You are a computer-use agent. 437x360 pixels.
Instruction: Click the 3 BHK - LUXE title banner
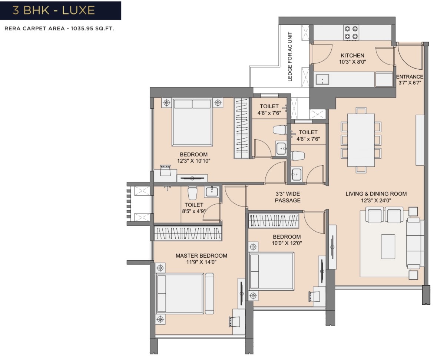point(60,10)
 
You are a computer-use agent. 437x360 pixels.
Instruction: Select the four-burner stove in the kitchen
point(351,33)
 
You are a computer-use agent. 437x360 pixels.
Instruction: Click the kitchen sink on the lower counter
point(322,79)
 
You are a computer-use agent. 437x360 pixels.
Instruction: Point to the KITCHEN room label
point(352,56)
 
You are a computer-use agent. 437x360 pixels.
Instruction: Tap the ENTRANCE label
point(410,77)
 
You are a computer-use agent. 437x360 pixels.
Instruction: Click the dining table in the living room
point(361,140)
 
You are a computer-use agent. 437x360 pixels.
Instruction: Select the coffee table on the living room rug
point(388,247)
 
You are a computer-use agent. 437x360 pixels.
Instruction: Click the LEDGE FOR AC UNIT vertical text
point(290,57)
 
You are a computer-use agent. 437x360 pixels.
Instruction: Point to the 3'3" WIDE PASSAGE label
point(288,197)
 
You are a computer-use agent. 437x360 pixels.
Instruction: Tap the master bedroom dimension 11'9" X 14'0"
point(201,262)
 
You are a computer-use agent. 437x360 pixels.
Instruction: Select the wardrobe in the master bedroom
point(188,233)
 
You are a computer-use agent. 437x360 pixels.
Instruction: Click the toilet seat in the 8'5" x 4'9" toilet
point(192,193)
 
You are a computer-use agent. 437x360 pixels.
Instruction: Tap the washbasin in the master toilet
point(212,192)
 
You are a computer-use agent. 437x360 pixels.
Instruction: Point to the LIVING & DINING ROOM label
point(376,194)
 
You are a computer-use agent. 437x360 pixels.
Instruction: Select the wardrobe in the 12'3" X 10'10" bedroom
point(241,128)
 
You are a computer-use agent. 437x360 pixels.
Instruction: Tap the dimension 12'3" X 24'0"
point(376,201)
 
